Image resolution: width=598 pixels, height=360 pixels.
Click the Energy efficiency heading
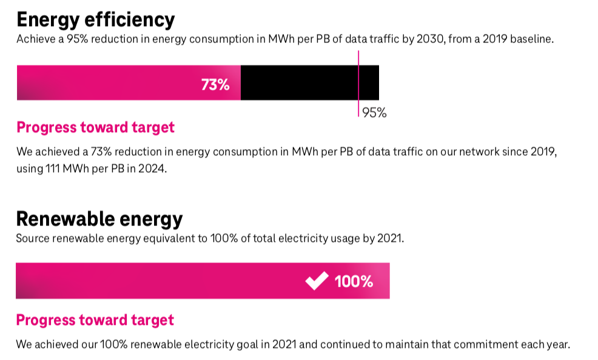[95, 19]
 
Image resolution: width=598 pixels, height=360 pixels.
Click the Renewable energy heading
[99, 218]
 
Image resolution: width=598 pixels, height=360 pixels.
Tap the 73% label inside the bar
[215, 85]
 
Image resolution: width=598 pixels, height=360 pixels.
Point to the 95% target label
[374, 113]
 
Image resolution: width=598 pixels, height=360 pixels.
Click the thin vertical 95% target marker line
[358, 61]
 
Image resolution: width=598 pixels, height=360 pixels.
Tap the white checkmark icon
[317, 281]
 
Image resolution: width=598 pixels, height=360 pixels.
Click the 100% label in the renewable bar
[354, 281]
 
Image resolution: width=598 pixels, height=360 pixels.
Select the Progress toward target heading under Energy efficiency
[95, 128]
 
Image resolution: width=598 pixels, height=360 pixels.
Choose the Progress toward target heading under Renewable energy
[95, 320]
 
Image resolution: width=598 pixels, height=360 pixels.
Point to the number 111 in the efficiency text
[53, 169]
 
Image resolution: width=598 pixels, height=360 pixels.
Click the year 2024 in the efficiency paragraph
[152, 169]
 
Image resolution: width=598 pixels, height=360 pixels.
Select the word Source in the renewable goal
[32, 238]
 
